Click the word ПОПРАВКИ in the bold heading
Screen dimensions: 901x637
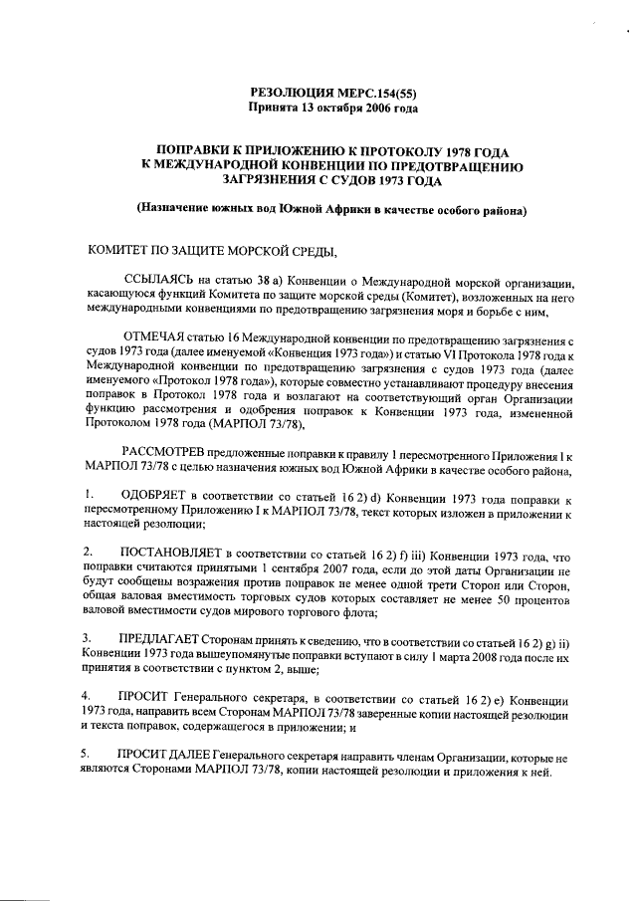click(x=185, y=148)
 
